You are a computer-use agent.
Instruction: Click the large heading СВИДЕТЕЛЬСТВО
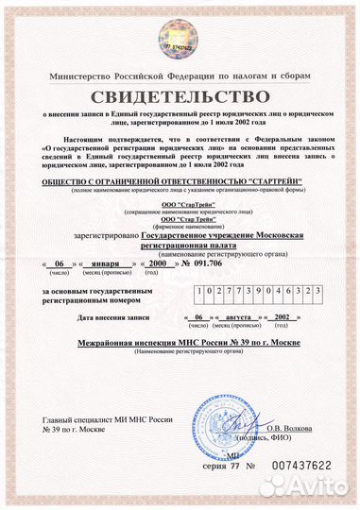pos(180,98)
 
